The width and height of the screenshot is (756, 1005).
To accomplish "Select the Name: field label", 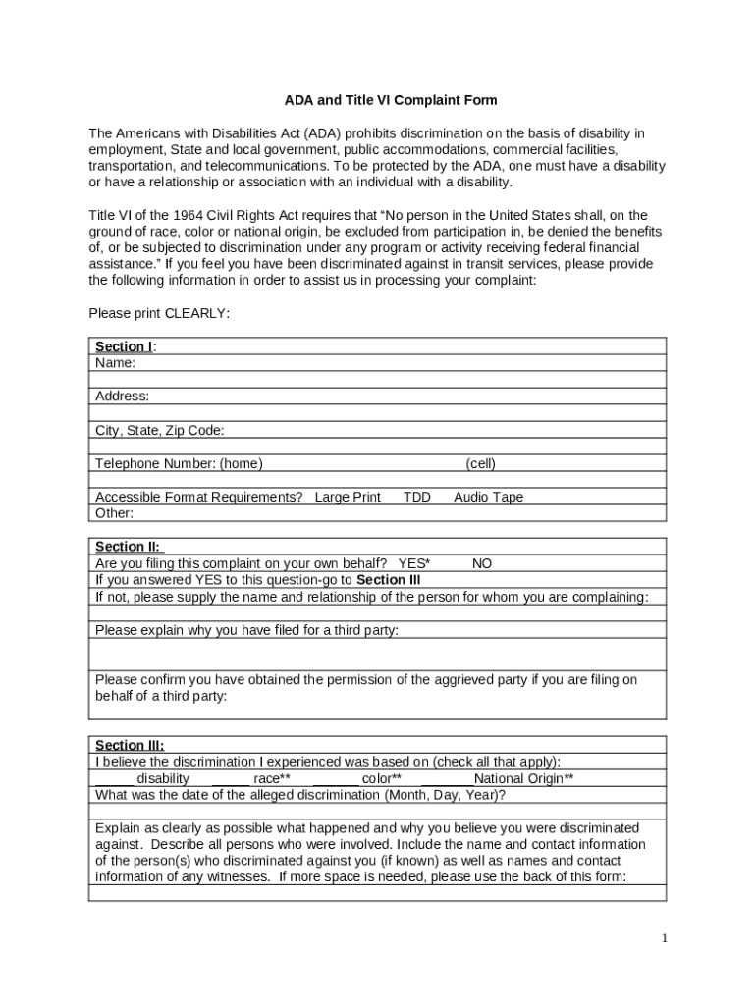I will [x=115, y=363].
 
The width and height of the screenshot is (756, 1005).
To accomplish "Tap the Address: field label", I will [x=123, y=397].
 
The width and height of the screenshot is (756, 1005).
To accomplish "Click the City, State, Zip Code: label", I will [x=160, y=430].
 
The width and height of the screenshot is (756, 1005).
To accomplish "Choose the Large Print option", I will [x=348, y=497].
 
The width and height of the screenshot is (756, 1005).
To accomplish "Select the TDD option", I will [x=417, y=497].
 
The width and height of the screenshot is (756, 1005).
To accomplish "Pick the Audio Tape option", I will [x=488, y=497].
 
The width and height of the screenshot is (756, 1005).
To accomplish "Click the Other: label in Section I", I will [x=114, y=513].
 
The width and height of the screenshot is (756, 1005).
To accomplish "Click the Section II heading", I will [x=128, y=547].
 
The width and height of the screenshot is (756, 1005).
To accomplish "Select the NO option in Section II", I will [x=482, y=563].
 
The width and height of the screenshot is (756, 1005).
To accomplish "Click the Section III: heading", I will [x=130, y=745].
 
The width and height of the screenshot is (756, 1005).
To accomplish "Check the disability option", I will [x=163, y=778].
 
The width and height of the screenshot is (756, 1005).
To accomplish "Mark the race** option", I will [x=271, y=778].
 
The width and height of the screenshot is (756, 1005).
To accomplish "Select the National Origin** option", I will [x=523, y=778].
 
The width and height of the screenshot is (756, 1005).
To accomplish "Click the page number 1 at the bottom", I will [x=664, y=938].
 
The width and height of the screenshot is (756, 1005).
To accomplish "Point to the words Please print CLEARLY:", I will [x=159, y=313].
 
